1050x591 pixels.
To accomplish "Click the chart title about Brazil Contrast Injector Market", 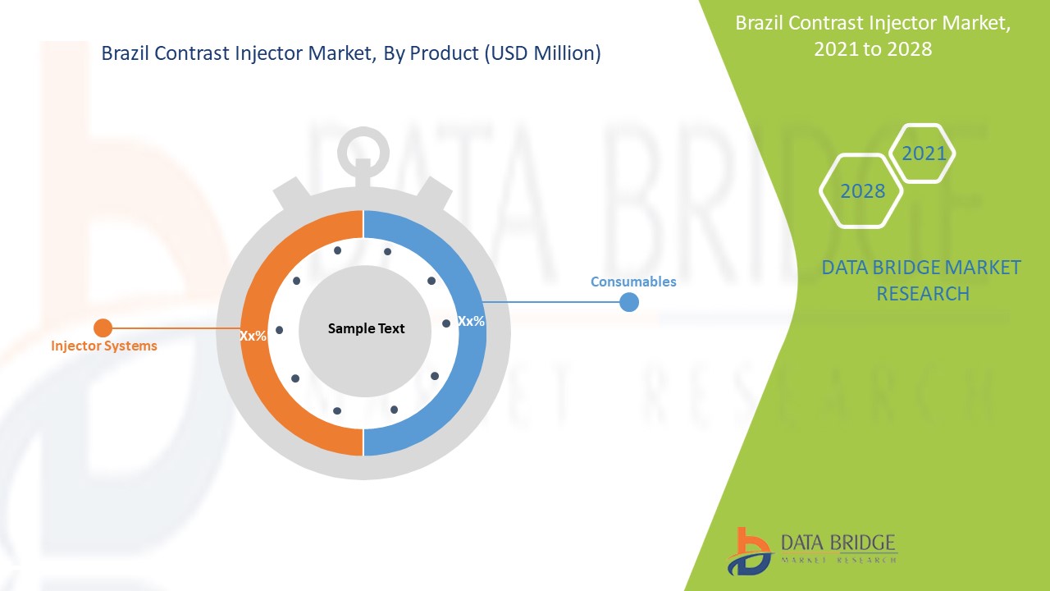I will [350, 54].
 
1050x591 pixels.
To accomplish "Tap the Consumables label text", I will [633, 282].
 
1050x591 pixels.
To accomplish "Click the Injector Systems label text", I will [103, 346].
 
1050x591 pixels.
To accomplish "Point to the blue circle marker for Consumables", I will [628, 302].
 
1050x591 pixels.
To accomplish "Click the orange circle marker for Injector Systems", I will [103, 328].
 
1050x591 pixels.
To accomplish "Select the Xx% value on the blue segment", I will [471, 321].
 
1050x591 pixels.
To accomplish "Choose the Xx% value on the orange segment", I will [253, 336].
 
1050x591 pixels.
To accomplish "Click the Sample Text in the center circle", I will [366, 328].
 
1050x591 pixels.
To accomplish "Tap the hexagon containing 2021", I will [924, 153].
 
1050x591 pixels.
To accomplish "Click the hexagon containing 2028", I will [862, 191].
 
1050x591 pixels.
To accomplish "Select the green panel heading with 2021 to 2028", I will [873, 35].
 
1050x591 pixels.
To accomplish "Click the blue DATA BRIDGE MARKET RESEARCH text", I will [921, 280].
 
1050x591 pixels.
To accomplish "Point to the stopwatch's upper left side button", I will [290, 194].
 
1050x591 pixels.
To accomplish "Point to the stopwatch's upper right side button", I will [435, 194].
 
